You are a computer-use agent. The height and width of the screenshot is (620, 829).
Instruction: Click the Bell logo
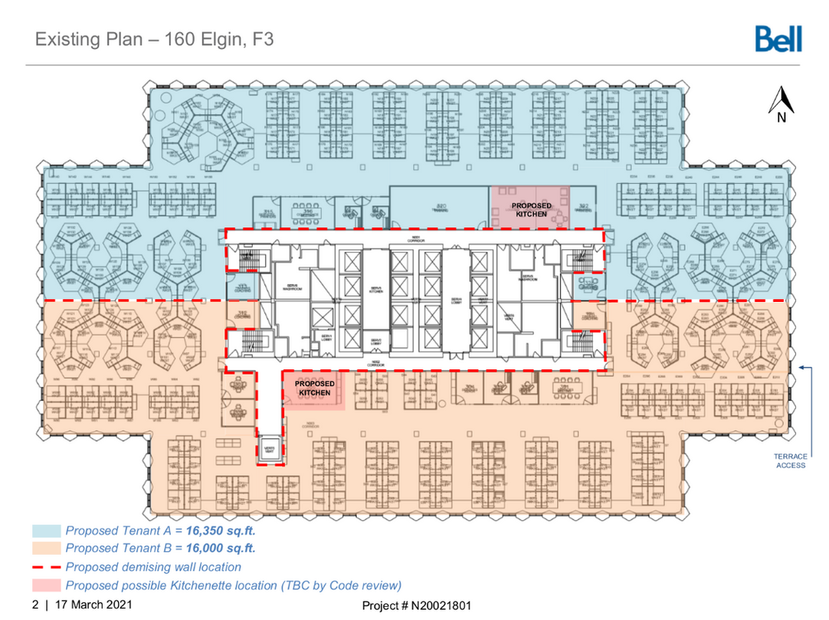tap(778, 38)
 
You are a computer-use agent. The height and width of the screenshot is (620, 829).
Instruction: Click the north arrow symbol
tap(781, 100)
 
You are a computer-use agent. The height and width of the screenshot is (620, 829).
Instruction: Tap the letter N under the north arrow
tap(781, 117)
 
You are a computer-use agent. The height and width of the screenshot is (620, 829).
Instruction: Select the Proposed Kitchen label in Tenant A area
tap(531, 210)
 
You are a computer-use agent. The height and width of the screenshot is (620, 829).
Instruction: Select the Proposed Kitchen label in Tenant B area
tap(315, 388)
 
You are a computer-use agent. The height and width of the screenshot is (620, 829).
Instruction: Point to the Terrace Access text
tap(791, 461)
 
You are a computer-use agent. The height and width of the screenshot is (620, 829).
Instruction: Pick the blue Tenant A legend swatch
tap(46, 530)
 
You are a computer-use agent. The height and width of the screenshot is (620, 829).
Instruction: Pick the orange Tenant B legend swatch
tap(46, 549)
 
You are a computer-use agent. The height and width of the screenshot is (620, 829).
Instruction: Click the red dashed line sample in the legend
tap(46, 567)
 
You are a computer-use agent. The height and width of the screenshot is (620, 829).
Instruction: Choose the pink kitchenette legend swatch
tap(46, 586)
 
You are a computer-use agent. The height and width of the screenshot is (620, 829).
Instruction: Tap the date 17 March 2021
tap(93, 605)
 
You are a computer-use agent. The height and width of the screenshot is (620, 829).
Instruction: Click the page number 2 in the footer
tap(35, 605)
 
